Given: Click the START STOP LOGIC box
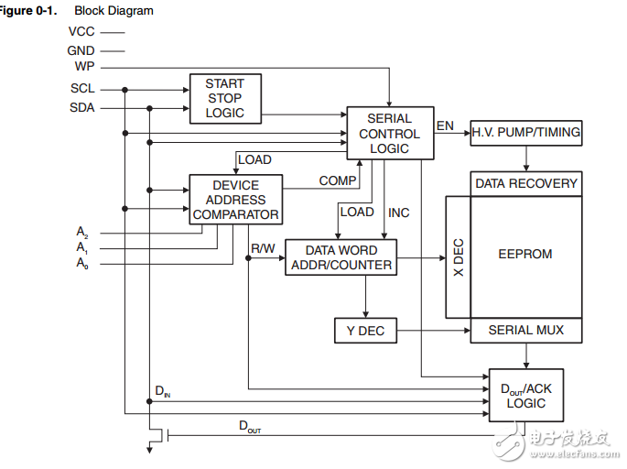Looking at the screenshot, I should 224,98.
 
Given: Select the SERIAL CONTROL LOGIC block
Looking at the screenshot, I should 389,133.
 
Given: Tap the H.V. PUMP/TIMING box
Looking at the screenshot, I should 525,132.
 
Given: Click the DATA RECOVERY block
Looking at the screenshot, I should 525,183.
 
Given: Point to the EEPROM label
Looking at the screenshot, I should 525,254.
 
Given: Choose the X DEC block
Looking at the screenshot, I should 458,257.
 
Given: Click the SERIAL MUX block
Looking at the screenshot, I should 525,330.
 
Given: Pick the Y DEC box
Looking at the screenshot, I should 365,331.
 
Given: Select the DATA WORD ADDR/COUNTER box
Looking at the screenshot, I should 341,257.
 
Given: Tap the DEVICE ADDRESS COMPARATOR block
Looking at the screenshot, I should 235,200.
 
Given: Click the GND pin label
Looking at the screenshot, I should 81,50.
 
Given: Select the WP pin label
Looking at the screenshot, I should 84,67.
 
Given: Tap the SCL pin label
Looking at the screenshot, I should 82,89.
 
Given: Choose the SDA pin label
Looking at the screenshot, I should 82,107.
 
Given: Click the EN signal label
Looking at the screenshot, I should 445,125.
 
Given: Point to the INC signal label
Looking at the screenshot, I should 399,213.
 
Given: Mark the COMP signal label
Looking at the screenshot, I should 338,180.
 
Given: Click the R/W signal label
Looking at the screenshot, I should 264,247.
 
